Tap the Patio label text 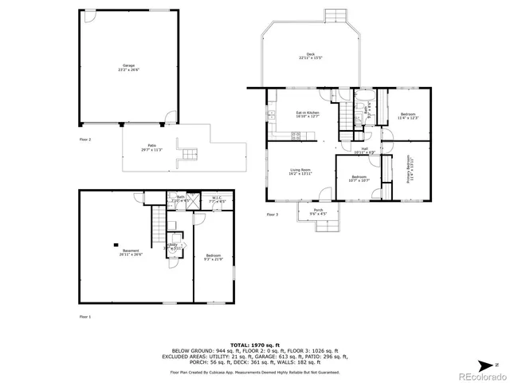pos(151,148)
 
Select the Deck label pos(311,56)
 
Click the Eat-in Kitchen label pos(308,115)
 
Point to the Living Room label pos(300,172)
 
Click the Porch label pos(318,211)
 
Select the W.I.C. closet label pos(216,199)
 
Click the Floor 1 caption pos(85,317)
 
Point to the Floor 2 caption pos(85,139)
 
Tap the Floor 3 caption pos(273,215)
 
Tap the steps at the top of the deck pos(336,17)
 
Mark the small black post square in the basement pos(116,245)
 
